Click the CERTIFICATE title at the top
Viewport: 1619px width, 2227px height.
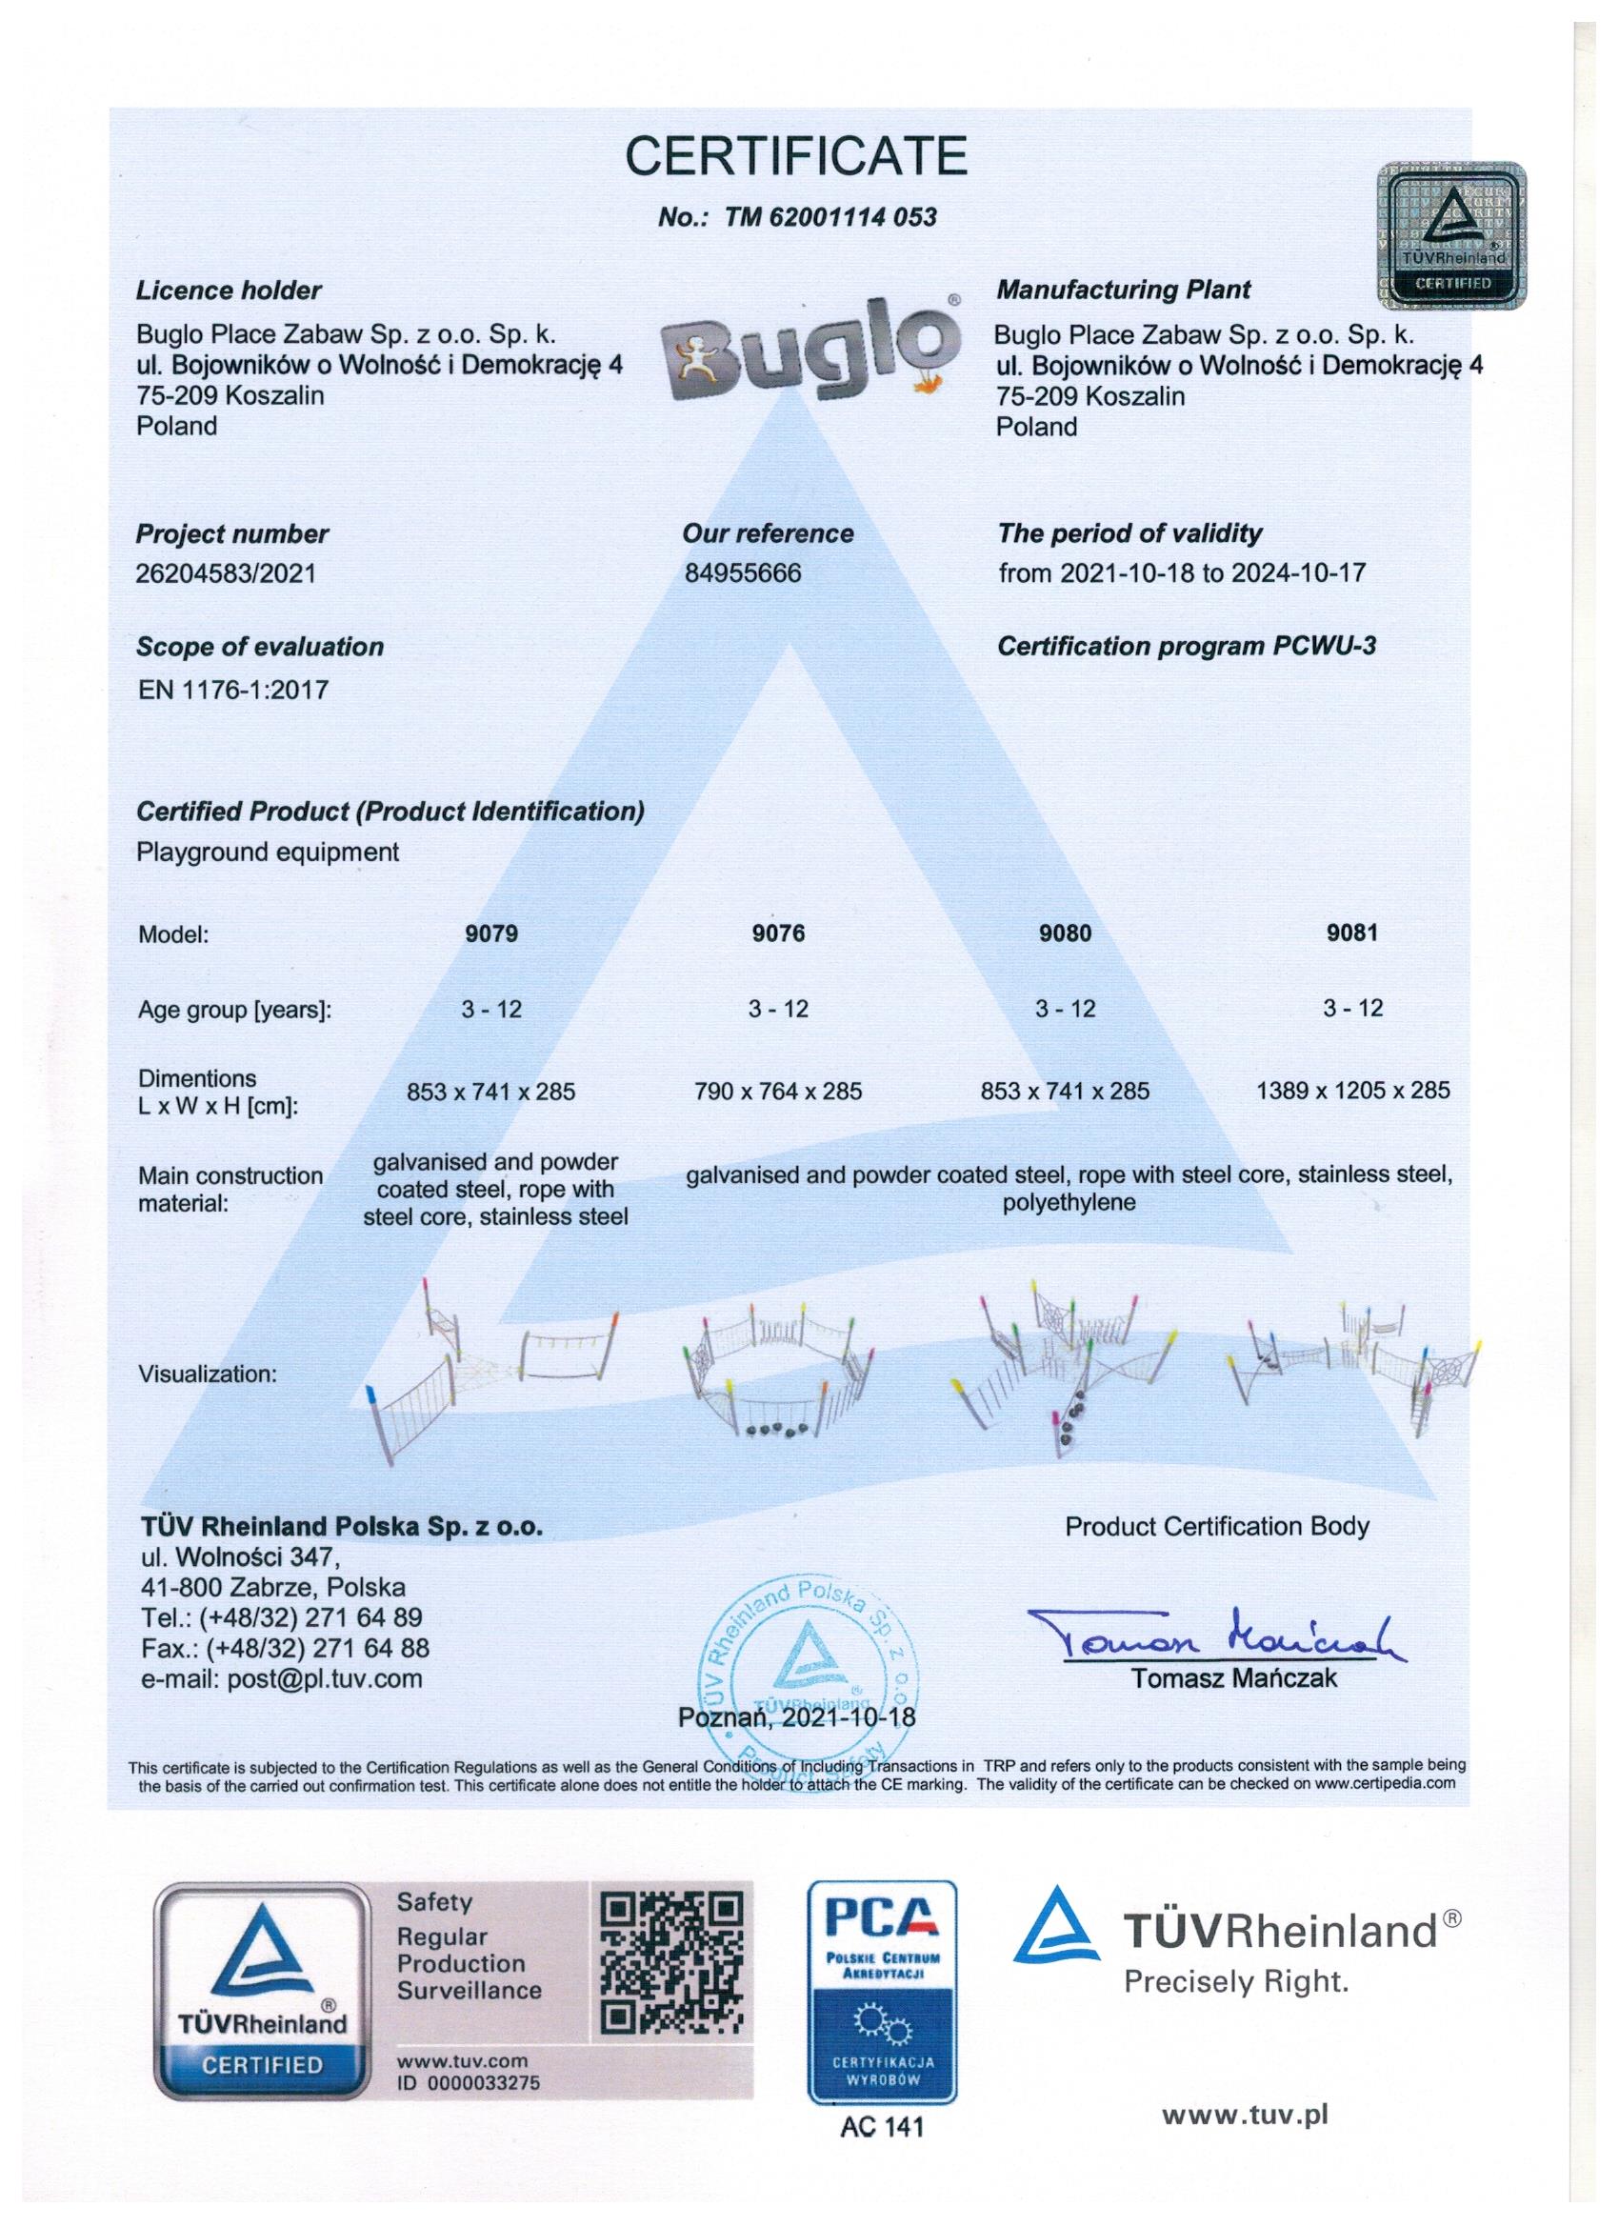[x=796, y=155]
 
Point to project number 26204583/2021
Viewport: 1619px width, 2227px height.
[x=226, y=572]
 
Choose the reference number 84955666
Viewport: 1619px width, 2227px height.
[x=742, y=572]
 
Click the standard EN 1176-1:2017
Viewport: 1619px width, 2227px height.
[x=232, y=690]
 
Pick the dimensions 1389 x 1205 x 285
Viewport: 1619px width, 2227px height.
[x=1352, y=1090]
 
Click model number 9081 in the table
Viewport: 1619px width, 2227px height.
[x=1352, y=933]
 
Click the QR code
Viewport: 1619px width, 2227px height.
[x=670, y=1960]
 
